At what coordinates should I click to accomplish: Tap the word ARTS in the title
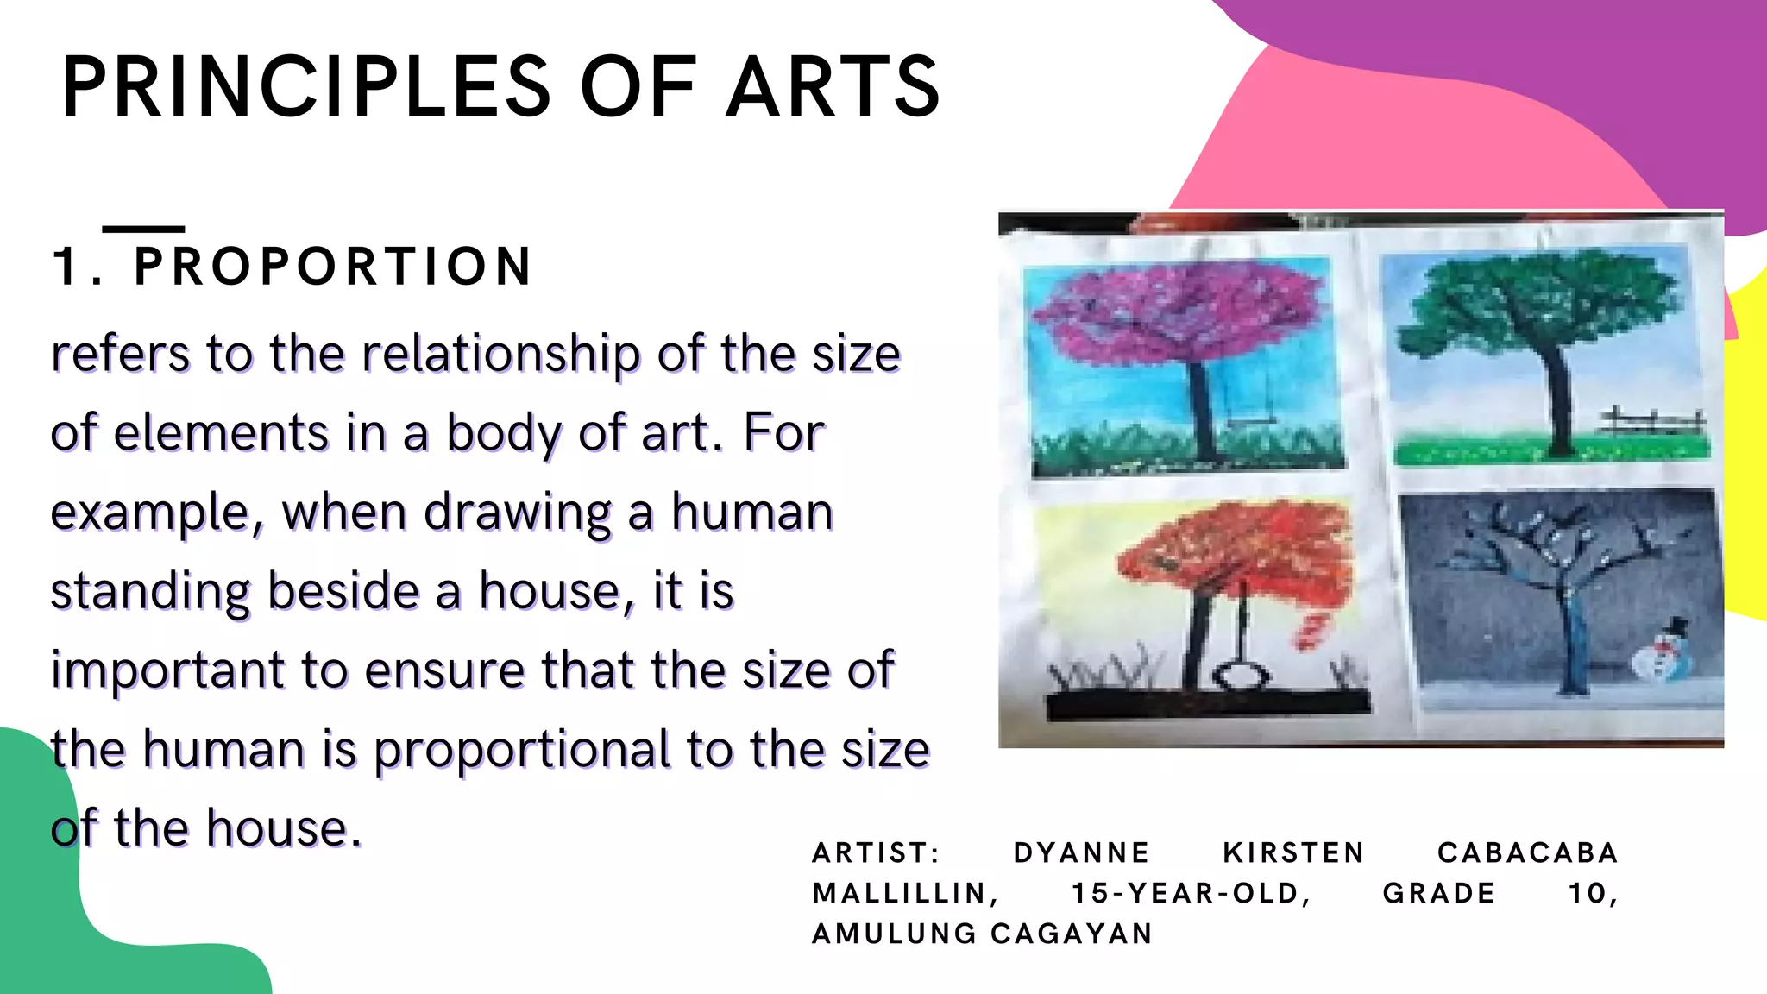(x=833, y=86)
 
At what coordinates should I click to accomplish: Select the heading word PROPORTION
(x=333, y=266)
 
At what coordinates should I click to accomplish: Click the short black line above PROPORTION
(x=143, y=229)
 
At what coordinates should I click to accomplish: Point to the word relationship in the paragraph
(x=500, y=354)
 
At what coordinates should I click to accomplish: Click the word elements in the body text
(x=220, y=432)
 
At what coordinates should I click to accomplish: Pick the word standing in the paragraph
(x=150, y=592)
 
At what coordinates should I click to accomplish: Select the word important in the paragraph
(x=167, y=670)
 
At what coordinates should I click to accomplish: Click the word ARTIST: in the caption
(x=876, y=853)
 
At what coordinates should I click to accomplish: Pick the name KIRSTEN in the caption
(x=1293, y=853)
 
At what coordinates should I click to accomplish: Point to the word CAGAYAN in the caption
(x=1072, y=934)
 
